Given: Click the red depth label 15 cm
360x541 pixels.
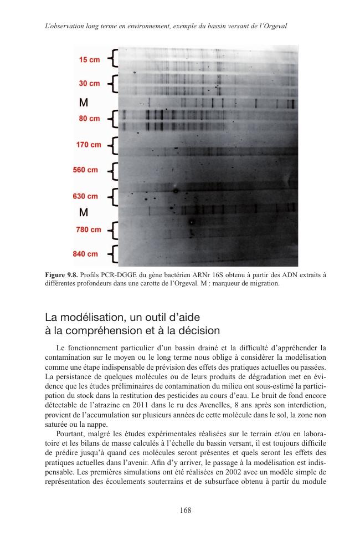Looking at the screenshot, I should pyautogui.click(x=89, y=60).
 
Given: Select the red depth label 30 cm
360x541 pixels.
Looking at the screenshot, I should pyautogui.click(x=89, y=84).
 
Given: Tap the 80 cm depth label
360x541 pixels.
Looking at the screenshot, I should pyautogui.click(x=89, y=119).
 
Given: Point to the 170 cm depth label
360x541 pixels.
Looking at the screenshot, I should pyautogui.click(x=89, y=145).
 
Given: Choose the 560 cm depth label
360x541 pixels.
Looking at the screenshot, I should pyautogui.click(x=86, y=170).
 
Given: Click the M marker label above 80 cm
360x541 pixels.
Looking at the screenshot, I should pyautogui.click(x=84, y=103).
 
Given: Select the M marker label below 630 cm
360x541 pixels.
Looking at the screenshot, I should pyautogui.click(x=84, y=212).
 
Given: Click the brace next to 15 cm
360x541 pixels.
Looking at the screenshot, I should pyautogui.click(x=113, y=58).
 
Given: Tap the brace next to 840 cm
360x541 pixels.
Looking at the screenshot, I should pyautogui.click(x=113, y=254).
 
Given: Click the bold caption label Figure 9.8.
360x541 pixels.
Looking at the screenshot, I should pyautogui.click(x=63, y=275).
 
